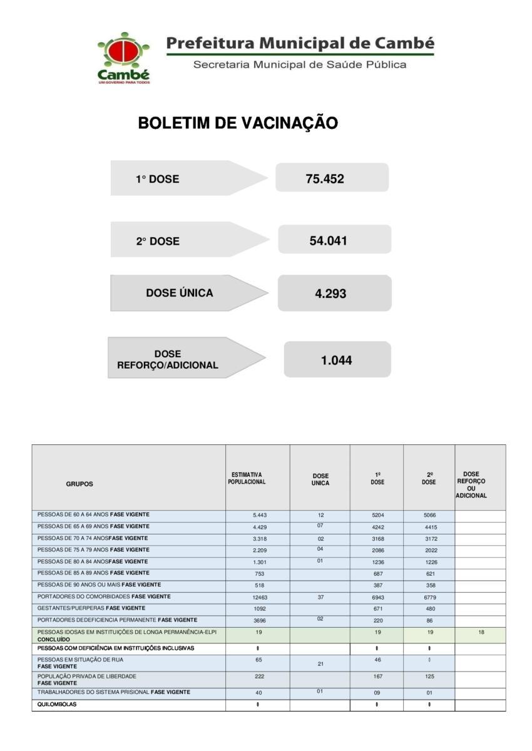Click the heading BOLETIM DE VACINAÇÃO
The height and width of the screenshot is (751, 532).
click(238, 123)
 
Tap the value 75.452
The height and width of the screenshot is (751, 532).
click(325, 179)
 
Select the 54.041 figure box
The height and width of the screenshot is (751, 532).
click(334, 240)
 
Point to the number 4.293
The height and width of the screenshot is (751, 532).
click(330, 294)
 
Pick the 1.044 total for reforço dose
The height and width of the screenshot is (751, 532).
click(336, 360)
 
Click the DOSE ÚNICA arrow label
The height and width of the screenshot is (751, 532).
click(180, 293)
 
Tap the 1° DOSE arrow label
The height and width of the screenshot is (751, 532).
click(158, 179)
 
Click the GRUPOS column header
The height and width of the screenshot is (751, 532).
click(79, 484)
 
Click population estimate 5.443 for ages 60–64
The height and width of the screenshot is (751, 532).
click(260, 515)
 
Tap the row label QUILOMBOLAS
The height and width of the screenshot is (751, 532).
click(57, 705)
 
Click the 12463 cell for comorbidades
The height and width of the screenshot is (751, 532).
click(260, 598)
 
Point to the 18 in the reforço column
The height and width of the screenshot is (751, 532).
click(481, 633)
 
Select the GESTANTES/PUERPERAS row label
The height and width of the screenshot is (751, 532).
click(91, 608)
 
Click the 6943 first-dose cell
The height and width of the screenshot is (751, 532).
click(377, 598)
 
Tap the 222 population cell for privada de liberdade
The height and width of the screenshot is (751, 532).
click(259, 677)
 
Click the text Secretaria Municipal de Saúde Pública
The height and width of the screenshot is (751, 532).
click(300, 64)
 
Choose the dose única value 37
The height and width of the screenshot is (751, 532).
click(320, 598)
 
